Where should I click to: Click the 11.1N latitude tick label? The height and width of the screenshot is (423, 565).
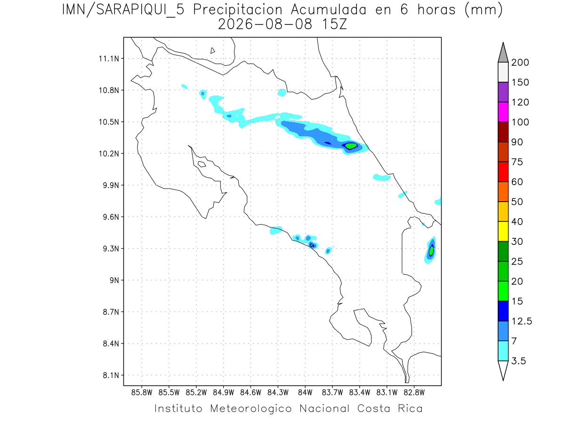(109, 59)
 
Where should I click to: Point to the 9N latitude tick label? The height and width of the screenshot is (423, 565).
(114, 280)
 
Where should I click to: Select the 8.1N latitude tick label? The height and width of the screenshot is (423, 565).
(111, 375)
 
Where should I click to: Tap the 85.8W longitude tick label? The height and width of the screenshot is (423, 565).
(142, 393)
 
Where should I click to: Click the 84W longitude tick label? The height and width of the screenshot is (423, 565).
(305, 393)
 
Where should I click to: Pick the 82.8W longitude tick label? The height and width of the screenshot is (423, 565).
(414, 393)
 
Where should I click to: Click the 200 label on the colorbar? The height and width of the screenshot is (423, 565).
(520, 63)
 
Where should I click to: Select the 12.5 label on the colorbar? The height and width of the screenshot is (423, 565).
(522, 321)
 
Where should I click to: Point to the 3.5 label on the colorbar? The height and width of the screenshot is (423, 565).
(518, 361)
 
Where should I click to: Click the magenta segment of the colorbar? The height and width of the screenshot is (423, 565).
(503, 112)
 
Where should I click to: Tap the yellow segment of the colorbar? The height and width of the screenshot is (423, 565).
(503, 231)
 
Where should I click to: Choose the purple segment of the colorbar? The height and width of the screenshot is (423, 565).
(503, 92)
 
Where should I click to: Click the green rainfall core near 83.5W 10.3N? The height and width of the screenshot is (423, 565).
(351, 146)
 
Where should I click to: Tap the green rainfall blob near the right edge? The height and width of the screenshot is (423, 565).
(431, 250)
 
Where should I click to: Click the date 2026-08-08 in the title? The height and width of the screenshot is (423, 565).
(265, 25)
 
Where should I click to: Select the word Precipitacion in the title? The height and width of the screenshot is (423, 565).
(238, 10)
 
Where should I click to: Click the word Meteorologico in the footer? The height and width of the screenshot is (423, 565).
(251, 408)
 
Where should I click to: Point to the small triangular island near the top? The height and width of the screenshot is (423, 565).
(212, 51)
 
